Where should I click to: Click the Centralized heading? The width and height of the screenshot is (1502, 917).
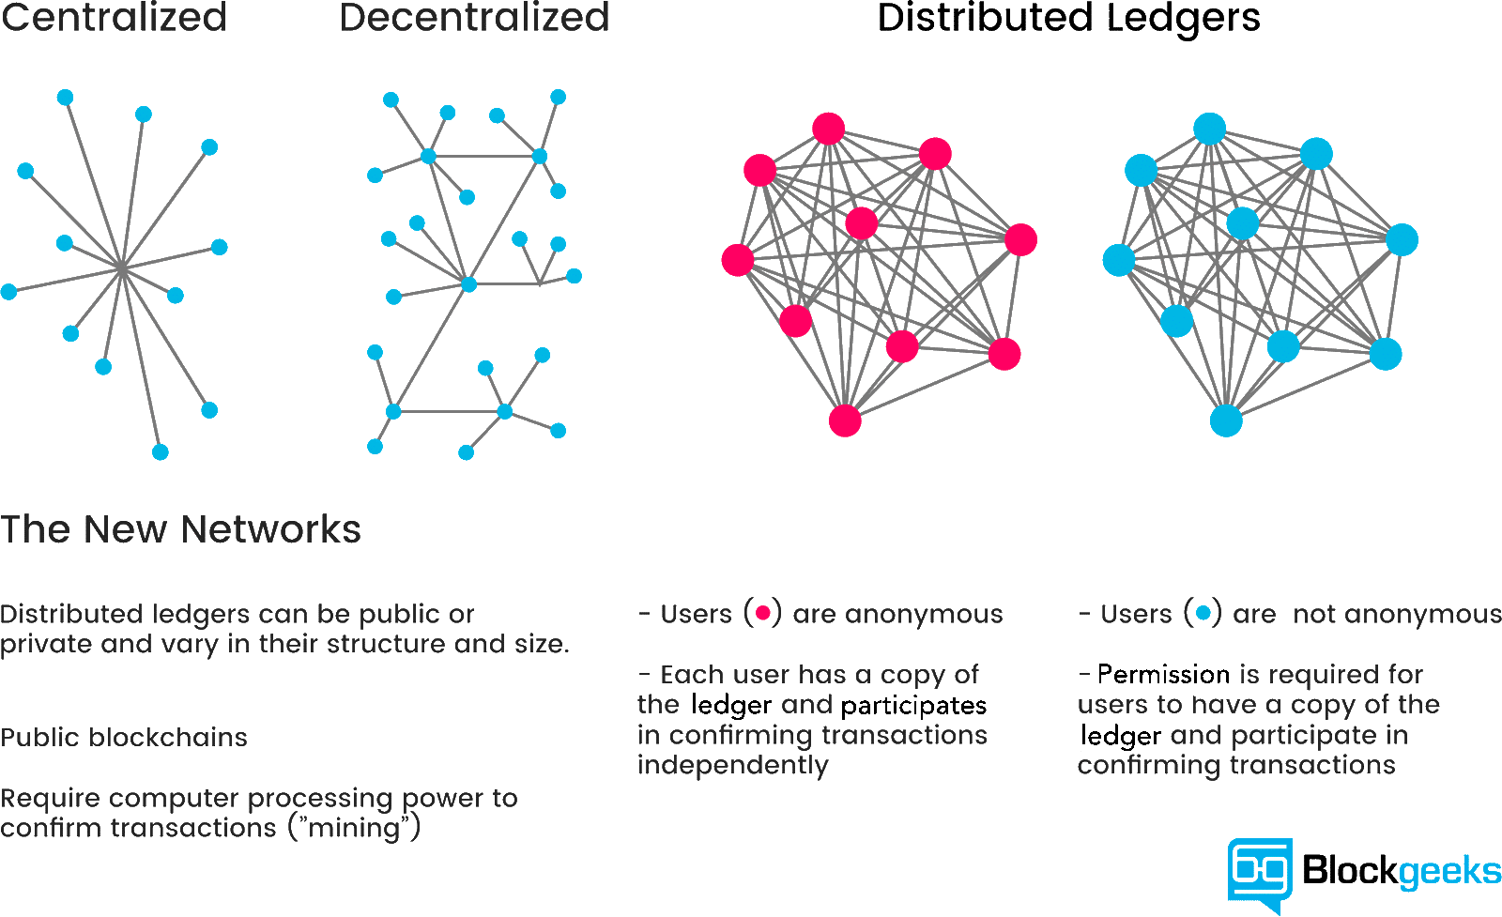pos(114,17)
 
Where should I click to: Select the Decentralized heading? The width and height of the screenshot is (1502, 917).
pos(474,17)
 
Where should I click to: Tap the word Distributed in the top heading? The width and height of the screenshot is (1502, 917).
pos(985,17)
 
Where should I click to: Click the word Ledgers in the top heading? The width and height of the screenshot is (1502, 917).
pos(1184,19)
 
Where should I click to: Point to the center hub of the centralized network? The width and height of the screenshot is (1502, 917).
pos(121,268)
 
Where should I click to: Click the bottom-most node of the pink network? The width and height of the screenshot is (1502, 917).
pos(845,421)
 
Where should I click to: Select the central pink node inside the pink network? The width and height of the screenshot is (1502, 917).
pos(862,223)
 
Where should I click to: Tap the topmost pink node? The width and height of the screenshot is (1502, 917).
pos(828,129)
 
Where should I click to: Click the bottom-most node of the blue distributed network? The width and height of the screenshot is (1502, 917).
pos(1226,421)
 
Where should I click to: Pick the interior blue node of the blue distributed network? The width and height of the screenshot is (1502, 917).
pos(1243,223)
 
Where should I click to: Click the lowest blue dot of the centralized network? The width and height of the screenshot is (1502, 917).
pos(161,452)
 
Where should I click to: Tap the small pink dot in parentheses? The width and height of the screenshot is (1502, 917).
pos(762,613)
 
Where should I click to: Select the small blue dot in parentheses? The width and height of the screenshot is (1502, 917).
pos(1203,613)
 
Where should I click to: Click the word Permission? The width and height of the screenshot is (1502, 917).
pos(1163,674)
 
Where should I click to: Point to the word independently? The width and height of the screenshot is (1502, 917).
pos(733,766)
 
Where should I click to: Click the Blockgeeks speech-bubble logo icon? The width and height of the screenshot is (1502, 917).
pos(1260,874)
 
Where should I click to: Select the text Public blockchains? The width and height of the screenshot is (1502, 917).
pos(124,738)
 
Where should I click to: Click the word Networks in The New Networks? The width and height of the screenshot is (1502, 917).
pos(271,528)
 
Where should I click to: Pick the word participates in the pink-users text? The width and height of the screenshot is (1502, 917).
pos(913,706)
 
